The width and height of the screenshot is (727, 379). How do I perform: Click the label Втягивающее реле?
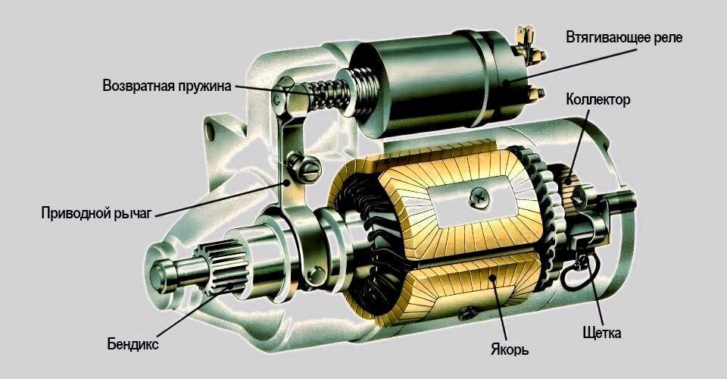point(624,38)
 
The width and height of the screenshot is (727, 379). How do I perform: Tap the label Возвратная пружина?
point(167,86)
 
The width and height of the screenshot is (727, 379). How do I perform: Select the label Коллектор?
point(598,100)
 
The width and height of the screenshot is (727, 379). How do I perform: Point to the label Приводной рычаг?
point(96,213)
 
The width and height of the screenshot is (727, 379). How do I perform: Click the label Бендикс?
point(133,344)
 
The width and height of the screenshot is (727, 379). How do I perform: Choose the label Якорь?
point(510,349)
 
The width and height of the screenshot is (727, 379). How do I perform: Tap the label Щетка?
point(602,333)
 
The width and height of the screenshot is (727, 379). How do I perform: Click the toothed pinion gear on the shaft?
point(222,268)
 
